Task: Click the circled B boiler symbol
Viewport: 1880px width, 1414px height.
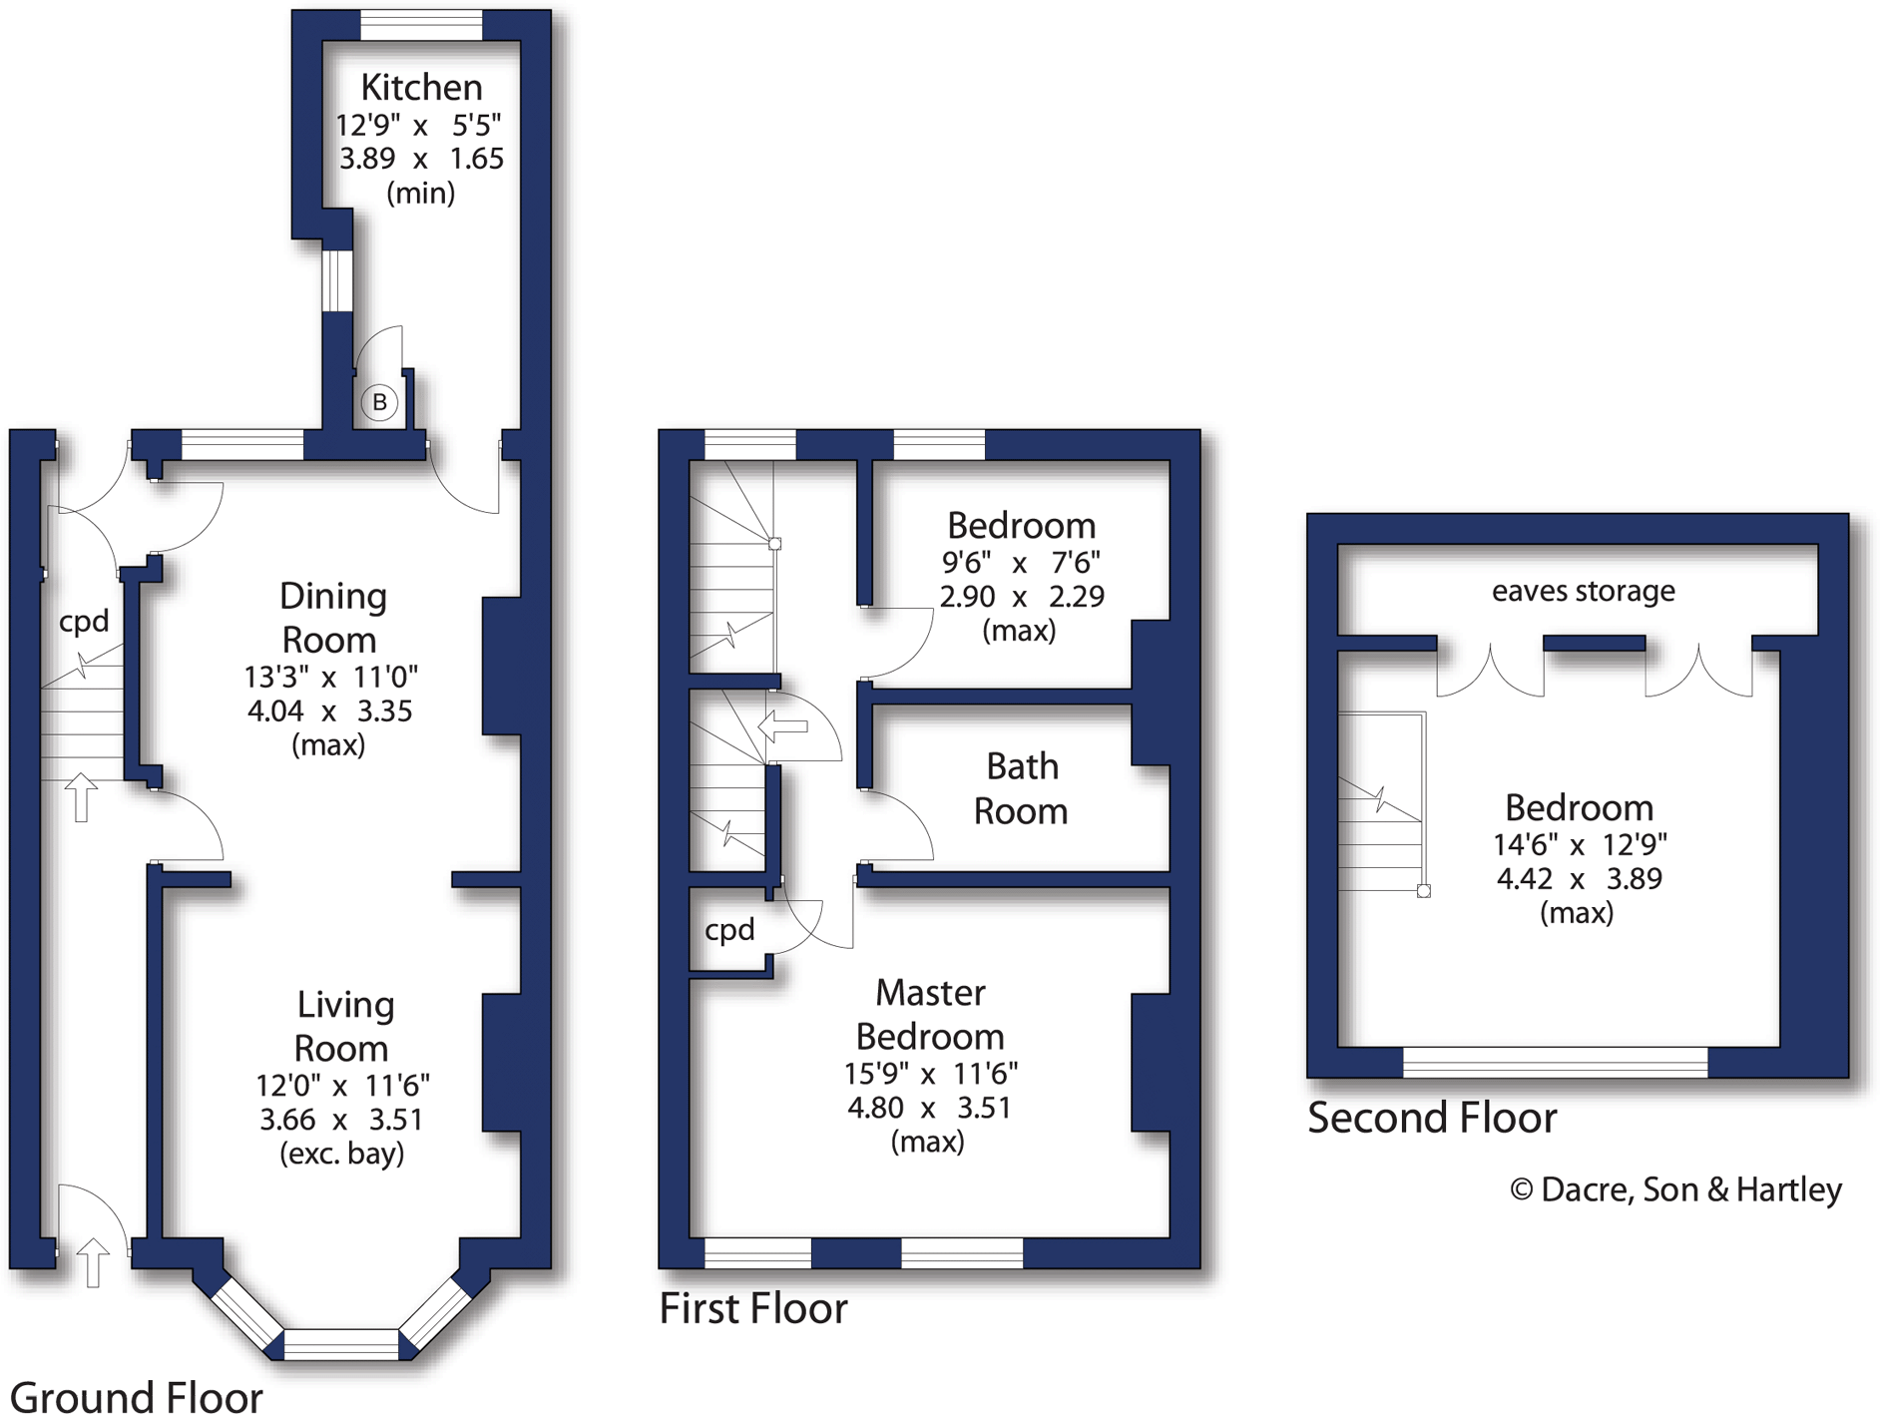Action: point(379,402)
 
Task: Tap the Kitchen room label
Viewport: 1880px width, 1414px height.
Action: point(421,87)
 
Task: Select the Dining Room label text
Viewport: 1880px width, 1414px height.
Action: point(331,617)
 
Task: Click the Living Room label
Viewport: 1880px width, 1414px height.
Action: point(343,1026)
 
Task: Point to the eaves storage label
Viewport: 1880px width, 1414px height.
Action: point(1583,591)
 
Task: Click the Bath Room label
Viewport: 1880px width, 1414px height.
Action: point(1021,788)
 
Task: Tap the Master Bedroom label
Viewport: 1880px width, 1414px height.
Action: point(930,1014)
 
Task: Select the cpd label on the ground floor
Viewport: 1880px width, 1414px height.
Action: point(84,621)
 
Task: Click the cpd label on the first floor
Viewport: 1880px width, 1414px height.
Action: point(729,929)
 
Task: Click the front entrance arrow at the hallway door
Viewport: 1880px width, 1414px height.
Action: point(92,1261)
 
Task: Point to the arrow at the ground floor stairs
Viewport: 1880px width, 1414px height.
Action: point(81,796)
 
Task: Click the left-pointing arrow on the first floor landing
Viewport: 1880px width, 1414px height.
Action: point(783,725)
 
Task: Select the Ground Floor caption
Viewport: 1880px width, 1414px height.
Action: point(137,1395)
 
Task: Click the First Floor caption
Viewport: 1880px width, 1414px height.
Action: point(753,1307)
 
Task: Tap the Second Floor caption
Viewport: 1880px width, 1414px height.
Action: point(1432,1117)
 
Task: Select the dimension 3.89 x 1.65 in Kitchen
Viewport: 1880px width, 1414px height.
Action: point(421,158)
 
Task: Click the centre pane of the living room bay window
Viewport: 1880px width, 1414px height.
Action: point(341,1343)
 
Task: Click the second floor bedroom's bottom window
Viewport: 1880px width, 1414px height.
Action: point(1555,1062)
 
